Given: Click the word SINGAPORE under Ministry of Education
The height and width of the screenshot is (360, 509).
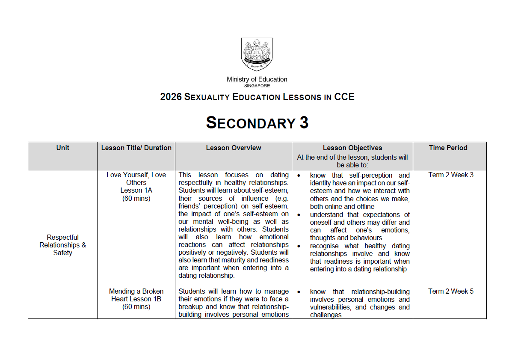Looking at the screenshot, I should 257,86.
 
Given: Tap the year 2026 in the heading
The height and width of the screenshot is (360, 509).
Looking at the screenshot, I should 171,97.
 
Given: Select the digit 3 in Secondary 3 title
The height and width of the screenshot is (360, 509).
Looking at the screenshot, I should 304,123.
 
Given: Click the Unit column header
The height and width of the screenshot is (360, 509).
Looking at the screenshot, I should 62,148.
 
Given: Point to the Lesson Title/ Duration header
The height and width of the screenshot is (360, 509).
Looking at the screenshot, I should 136,148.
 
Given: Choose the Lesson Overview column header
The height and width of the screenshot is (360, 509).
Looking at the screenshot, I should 233,148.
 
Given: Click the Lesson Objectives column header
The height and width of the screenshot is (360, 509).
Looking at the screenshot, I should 352,148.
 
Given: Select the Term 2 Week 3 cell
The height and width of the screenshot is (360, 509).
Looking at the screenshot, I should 451,175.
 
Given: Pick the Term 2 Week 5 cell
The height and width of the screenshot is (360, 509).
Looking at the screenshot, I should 451,291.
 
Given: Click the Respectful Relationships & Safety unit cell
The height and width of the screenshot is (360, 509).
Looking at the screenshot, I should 62,245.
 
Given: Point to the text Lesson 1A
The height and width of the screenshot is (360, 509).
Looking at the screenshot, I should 136,190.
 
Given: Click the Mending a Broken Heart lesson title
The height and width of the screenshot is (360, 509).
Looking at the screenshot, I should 136,295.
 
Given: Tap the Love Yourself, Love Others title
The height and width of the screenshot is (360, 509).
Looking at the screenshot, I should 136,179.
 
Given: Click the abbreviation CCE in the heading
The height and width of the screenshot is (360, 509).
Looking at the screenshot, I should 344,97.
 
